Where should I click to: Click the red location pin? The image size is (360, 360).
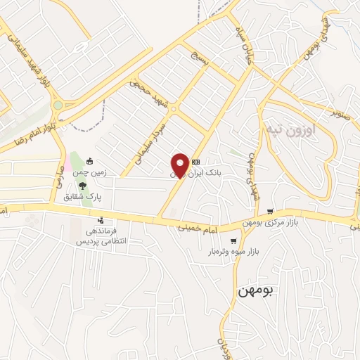coord(180,165)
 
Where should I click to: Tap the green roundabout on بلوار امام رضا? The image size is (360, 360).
coord(58,105)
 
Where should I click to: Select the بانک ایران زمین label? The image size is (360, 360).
coord(197,172)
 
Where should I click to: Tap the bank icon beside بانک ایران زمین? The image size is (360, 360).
coord(195,161)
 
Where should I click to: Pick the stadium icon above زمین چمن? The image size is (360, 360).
coord(89,161)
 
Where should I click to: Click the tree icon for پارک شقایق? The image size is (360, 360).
coord(83,186)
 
